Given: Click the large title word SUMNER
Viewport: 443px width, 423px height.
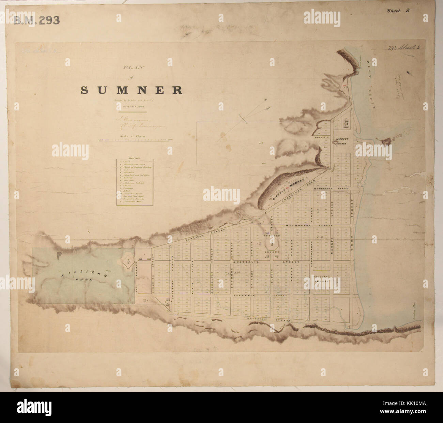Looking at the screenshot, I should tap(132, 90).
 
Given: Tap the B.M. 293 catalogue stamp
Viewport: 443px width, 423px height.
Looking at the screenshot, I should tap(37, 20).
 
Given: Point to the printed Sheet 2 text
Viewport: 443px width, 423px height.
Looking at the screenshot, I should tap(398, 10).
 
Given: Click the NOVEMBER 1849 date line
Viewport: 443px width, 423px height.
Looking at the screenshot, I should tap(132, 106).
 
